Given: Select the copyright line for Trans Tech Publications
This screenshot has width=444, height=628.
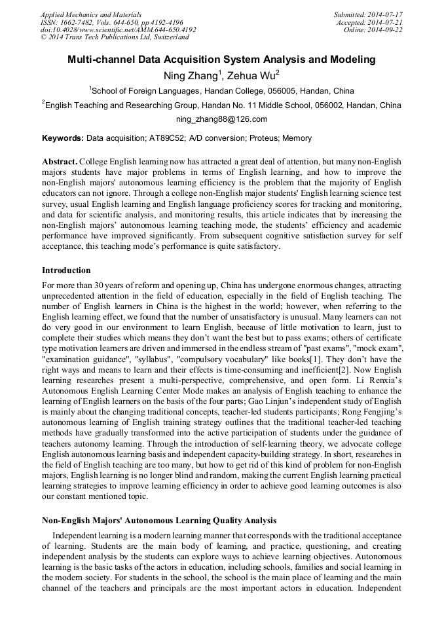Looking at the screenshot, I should pyautogui.click(x=115, y=37).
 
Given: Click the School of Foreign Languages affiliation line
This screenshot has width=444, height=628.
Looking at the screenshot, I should pyautogui.click(x=222, y=91).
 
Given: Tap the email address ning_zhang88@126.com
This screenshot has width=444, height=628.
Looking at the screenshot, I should pyautogui.click(x=221, y=119).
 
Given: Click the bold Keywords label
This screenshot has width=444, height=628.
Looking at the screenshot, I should pyautogui.click(x=63, y=138).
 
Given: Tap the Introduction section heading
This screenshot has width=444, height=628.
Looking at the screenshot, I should pyautogui.click(x=66, y=270).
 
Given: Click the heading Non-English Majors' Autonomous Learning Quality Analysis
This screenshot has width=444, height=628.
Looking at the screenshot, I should pyautogui.click(x=159, y=521).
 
